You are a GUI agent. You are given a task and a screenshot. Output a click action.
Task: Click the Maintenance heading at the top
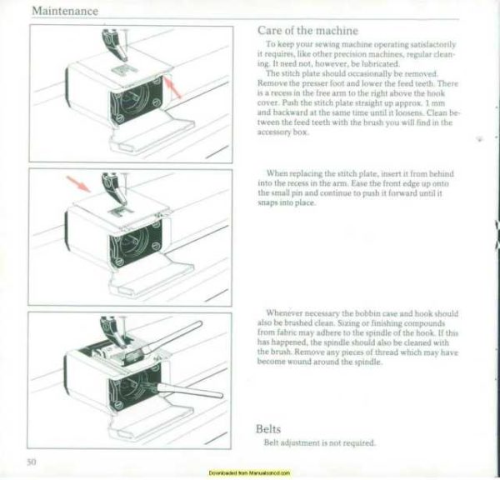tap(64, 11)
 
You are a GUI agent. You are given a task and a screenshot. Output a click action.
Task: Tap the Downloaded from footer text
tap(249, 472)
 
